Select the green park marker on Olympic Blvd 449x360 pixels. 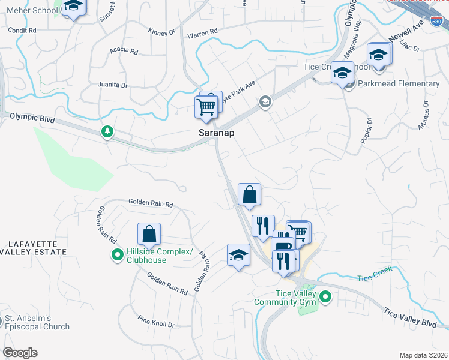[x=107, y=131]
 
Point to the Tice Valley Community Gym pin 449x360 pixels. [x=325, y=296]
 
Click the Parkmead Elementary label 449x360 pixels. [x=399, y=83]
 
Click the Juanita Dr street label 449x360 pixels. [x=113, y=85]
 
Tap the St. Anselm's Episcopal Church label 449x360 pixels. [x=37, y=322]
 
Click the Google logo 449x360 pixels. [x=20, y=353]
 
